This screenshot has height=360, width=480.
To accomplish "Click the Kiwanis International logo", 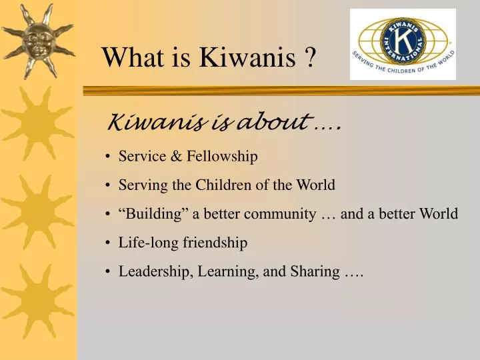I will (403, 44).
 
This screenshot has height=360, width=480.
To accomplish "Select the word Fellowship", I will (223, 156).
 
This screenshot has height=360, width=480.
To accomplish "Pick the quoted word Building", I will (153, 214).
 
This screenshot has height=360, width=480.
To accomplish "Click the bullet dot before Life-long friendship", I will (108, 243).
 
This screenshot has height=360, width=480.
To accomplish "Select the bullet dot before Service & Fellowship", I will (108, 157).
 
